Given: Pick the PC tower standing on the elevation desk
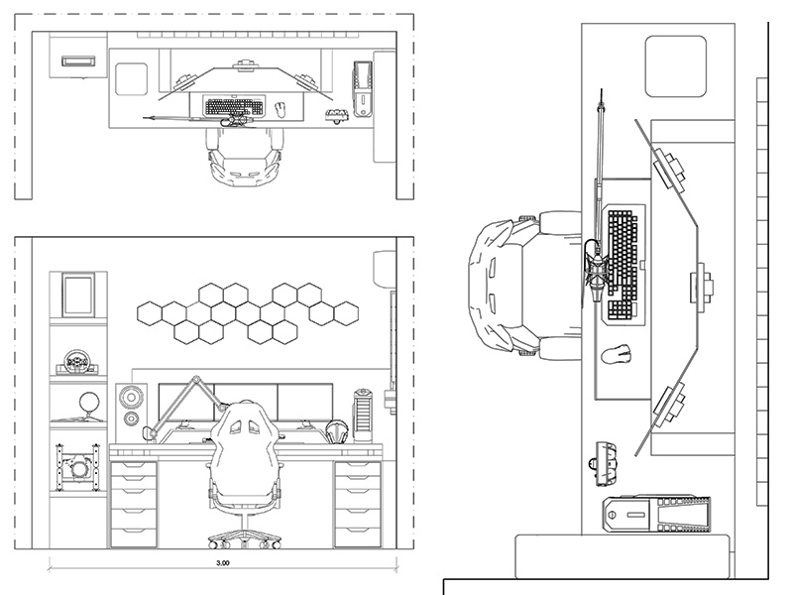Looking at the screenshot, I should pyautogui.click(x=364, y=415).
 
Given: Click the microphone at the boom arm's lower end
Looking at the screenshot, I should pyautogui.click(x=155, y=430).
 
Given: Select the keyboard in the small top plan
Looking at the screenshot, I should pyautogui.click(x=234, y=106).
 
